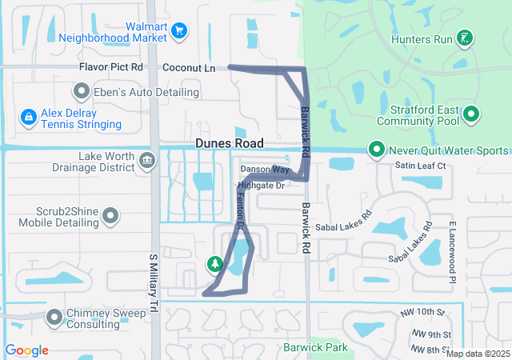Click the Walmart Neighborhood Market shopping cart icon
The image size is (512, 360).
180,31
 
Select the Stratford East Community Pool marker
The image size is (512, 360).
471,114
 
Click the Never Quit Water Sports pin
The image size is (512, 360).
375,150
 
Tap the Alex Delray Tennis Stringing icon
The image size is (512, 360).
29,118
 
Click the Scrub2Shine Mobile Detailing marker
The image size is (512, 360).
111,216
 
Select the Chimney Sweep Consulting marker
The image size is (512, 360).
55,318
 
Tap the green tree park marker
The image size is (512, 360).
214,262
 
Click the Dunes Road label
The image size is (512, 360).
229,143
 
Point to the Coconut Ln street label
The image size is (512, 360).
189,69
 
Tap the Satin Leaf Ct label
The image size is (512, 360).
420,166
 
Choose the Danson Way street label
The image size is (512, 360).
265,170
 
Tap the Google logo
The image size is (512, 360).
26,350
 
